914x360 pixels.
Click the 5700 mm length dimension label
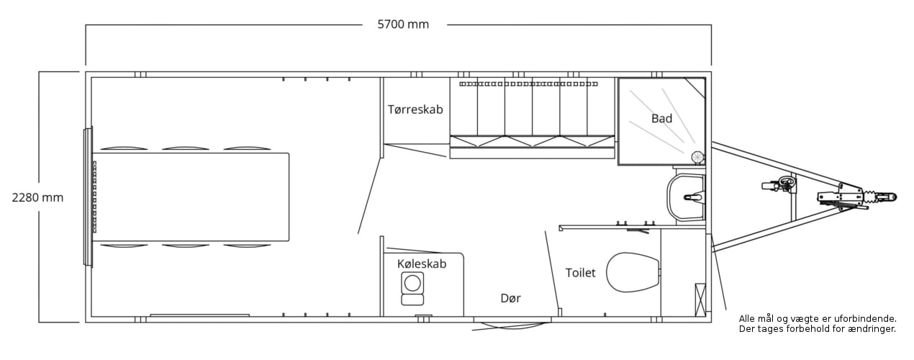pos(403,24)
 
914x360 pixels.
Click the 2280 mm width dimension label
pos(37,197)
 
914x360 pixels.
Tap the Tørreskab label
pos(415,109)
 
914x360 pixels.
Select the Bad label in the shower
pos(661,118)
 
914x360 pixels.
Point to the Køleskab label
pos(422,264)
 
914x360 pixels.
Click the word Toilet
pos(580,273)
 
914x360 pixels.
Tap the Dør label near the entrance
pos(510,298)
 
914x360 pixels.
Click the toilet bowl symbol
pos(633,272)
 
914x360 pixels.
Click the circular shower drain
pos(698,157)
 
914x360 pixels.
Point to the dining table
pos(191,197)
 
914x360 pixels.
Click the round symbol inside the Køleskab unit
pos(412,283)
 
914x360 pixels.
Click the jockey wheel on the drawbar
pos(779,185)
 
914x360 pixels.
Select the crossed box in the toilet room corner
pos(700,300)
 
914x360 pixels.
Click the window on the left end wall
pos(88,197)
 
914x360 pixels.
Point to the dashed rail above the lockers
pos(528,84)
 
